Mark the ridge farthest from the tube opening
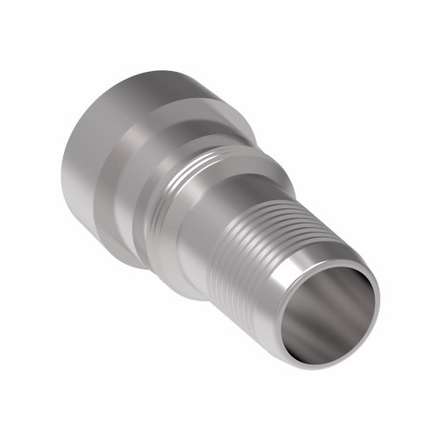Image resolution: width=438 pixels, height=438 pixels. (x=250, y=210)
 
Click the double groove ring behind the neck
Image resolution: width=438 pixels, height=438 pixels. (x=180, y=188)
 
